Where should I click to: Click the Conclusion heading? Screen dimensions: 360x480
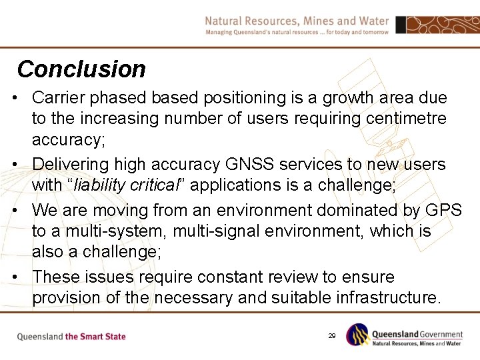(81, 69)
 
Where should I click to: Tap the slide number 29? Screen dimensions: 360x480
(331, 336)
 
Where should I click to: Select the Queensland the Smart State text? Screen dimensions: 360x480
(71, 337)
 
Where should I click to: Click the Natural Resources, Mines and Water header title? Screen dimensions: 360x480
(297, 21)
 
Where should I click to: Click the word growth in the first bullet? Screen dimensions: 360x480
(349, 98)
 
